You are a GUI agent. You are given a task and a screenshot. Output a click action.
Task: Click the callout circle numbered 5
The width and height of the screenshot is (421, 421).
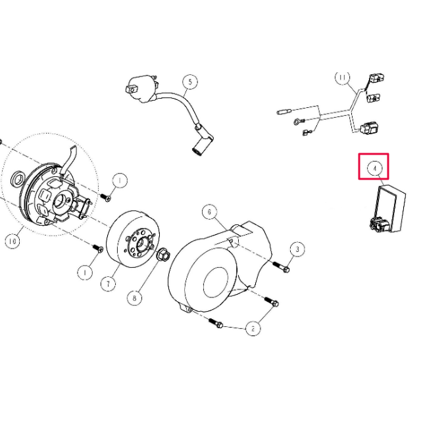(x=190, y=82)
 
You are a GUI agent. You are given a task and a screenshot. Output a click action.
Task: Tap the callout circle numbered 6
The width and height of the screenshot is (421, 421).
(x=210, y=212)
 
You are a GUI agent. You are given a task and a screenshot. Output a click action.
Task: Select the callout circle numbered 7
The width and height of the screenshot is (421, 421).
(x=108, y=284)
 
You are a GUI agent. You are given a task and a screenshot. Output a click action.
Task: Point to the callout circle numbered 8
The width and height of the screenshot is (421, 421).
(x=134, y=297)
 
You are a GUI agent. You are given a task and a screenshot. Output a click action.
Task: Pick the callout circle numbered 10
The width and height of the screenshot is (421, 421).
(x=12, y=241)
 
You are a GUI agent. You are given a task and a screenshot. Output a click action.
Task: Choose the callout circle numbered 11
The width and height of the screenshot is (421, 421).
(x=343, y=78)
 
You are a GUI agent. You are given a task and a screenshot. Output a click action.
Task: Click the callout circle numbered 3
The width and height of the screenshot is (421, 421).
(x=297, y=249)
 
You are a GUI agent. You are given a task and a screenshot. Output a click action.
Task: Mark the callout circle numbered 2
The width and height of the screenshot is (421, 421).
(x=253, y=328)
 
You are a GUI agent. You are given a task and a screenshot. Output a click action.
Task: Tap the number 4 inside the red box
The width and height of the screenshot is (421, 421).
(x=375, y=168)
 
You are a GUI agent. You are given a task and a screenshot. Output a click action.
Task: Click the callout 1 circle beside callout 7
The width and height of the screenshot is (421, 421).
(x=85, y=272)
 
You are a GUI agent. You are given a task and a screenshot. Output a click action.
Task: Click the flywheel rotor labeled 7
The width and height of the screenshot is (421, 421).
(x=133, y=239)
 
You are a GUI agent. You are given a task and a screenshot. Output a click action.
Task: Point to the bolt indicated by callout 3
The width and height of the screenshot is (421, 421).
(x=281, y=266)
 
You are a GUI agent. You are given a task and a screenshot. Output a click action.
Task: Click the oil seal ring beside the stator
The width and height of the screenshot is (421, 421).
(x=18, y=178)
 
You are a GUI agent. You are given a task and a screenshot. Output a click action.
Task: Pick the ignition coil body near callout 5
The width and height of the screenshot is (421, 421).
(x=141, y=88)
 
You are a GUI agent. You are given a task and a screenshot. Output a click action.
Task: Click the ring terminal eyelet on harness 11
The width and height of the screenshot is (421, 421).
(x=297, y=122)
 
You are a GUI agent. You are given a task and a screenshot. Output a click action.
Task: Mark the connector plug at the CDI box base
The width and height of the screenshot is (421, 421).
(x=379, y=225)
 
